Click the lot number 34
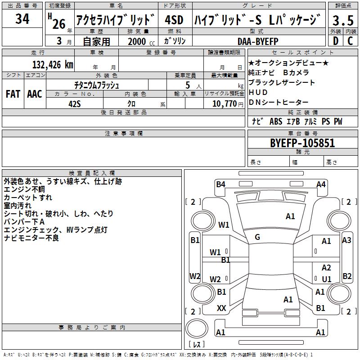click(22, 18)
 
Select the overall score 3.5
click(343, 20)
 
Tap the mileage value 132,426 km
click(53, 65)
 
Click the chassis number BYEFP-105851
click(302, 143)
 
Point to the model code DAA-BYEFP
click(258, 41)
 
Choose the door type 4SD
click(174, 20)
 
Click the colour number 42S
click(75, 104)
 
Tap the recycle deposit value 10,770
click(224, 103)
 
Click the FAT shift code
click(13, 94)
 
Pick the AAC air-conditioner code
click(35, 94)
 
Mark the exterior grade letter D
click(336, 41)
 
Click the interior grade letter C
click(351, 41)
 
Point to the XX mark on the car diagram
click(221, 308)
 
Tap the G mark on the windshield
click(257, 237)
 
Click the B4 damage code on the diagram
click(220, 184)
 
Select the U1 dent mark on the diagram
click(327, 279)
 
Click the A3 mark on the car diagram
click(346, 240)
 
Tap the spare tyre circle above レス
click(197, 328)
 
